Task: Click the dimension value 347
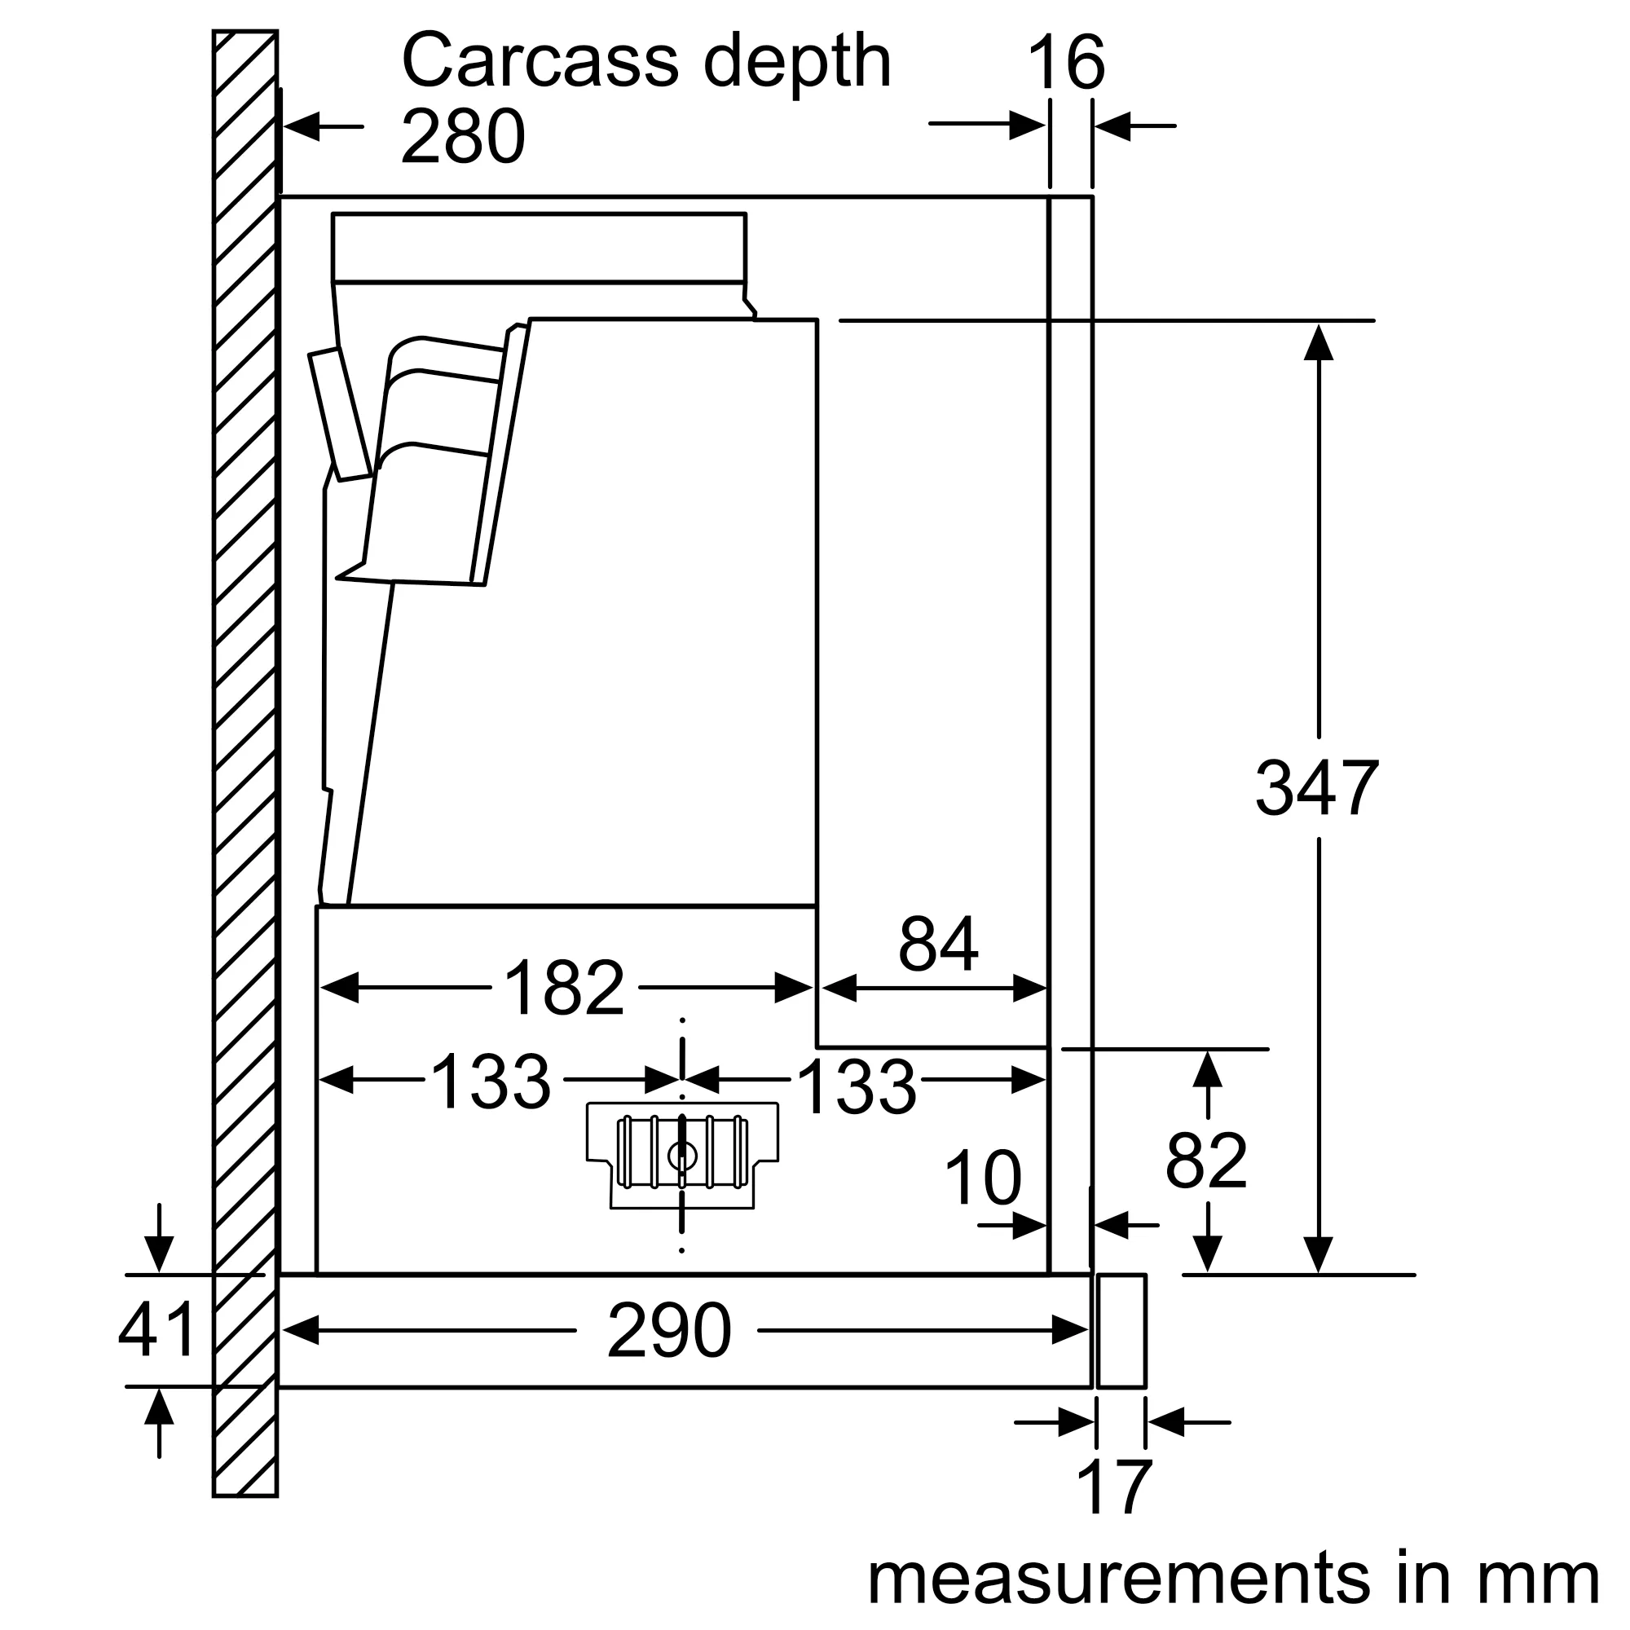click(1317, 789)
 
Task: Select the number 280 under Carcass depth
click(463, 137)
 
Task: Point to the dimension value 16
click(1065, 63)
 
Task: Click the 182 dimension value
click(564, 988)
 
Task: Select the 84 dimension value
click(938, 944)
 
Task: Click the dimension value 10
click(982, 1178)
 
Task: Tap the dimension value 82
click(1205, 1160)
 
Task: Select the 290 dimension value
click(669, 1331)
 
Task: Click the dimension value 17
click(1114, 1488)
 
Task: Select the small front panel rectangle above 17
click(1121, 1331)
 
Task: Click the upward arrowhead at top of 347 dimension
click(1318, 341)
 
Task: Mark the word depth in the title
click(796, 61)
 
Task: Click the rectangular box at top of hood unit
click(539, 246)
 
